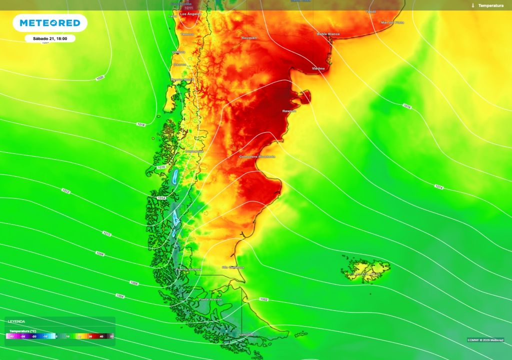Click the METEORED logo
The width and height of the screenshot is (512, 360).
coord(50,23)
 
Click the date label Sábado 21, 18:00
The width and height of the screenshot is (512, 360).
coord(50,38)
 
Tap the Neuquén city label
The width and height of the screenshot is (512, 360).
coord(249,38)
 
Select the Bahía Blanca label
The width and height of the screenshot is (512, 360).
coord(328,34)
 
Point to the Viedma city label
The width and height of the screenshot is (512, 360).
coord(318,68)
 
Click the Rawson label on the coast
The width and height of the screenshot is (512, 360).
coord(289,111)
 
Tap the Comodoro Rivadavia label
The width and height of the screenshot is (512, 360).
coord(257,156)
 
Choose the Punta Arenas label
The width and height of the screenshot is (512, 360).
coord(210,299)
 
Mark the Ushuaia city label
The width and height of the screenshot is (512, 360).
coord(246,334)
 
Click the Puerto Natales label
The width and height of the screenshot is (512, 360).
coord(188,269)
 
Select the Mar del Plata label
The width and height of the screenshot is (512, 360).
coord(392,22)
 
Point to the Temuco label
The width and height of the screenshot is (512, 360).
coord(187,34)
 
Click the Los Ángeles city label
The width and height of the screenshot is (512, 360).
coord(190,14)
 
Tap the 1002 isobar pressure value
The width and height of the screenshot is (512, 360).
coord(264,299)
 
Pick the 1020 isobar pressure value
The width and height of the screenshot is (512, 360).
coord(100,78)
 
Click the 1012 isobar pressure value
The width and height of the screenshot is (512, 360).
coord(66,190)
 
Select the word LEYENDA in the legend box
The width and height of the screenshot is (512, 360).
coord(16,321)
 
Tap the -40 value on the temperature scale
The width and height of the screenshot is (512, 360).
coord(11,336)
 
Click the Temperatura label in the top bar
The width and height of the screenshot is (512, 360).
coord(490,5)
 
